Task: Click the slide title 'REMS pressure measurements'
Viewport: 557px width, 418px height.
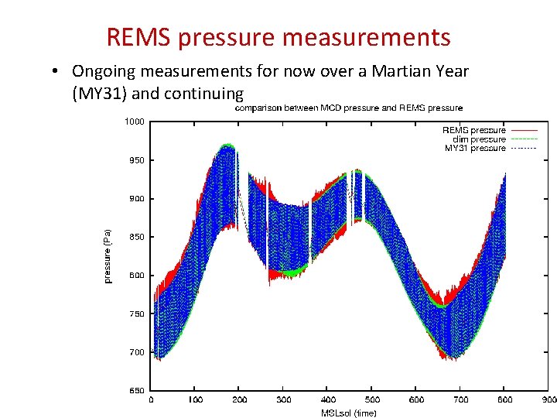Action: tap(278, 36)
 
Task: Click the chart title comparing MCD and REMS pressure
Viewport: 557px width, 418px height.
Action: tap(349, 108)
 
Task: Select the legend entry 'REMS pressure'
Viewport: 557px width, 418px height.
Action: tap(473, 130)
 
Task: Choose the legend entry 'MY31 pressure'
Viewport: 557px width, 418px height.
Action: tap(475, 148)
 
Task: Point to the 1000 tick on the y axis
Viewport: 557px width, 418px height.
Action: tap(134, 122)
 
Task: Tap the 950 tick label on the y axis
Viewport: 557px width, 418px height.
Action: tap(135, 160)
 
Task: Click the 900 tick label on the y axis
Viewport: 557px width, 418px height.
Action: tap(135, 198)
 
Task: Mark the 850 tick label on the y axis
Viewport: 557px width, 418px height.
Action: tap(135, 237)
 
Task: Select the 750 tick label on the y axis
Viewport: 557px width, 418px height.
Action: tap(135, 313)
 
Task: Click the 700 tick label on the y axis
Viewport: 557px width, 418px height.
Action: tap(135, 352)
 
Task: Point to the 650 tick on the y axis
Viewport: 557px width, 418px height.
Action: tap(135, 390)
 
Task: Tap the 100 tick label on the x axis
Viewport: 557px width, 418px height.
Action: tap(195, 400)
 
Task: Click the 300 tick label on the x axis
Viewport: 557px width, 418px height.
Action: tap(283, 400)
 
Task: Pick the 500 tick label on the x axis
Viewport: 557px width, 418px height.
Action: tap(372, 400)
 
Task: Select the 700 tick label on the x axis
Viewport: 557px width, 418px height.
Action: tap(460, 400)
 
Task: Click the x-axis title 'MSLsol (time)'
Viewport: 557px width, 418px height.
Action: tap(349, 413)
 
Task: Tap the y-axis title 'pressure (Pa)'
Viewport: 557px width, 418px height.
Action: tap(108, 255)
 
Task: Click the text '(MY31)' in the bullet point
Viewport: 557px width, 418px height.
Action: tap(99, 94)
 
